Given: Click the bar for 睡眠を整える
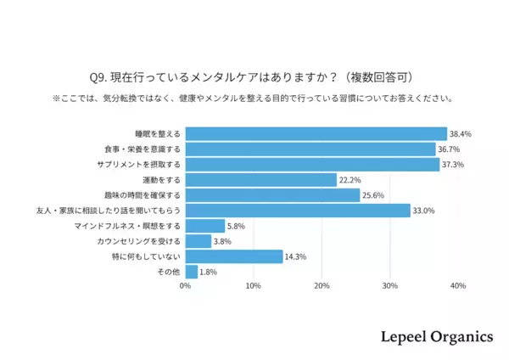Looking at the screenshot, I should tap(316, 133).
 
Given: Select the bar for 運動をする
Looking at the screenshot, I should tap(260, 180).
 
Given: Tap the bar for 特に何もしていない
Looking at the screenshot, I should tap(233, 256).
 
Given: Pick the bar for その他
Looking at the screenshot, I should tap(191, 272).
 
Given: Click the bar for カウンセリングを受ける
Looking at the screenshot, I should tap(198, 241).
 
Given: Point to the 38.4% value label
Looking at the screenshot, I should tap(461, 133).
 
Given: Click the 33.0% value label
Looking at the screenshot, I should tap(424, 211).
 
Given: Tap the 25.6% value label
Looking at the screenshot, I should tap(373, 195).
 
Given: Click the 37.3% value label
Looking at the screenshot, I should tap(453, 165).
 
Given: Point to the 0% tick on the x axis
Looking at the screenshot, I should tap(185, 286).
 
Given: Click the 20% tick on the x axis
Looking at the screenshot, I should tap(322, 286).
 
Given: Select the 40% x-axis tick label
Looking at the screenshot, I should tap(458, 286).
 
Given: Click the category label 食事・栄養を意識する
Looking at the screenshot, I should tap(147, 149).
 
